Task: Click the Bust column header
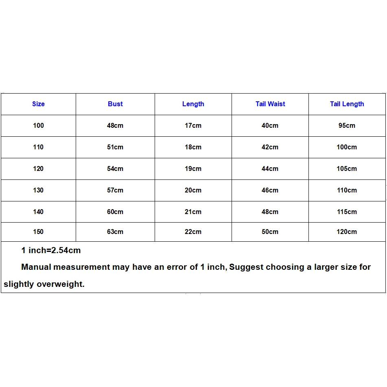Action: tap(115, 104)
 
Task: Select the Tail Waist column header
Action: tap(270, 104)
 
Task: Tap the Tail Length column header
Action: tap(347, 104)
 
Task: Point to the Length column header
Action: tap(193, 104)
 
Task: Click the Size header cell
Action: tap(38, 104)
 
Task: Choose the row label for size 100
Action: tap(38, 126)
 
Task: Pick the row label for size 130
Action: tap(38, 190)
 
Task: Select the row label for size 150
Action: tap(38, 232)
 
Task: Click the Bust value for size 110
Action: tap(115, 147)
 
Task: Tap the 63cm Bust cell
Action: tap(115, 232)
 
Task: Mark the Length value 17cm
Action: tap(193, 126)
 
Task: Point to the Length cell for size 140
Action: tap(193, 212)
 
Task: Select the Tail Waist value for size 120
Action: tap(270, 169)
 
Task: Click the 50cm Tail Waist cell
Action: tap(270, 232)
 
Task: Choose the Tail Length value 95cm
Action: tap(347, 126)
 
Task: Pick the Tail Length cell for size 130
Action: tap(347, 190)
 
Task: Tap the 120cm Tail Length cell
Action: tap(347, 232)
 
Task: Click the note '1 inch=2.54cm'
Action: tap(51, 251)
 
